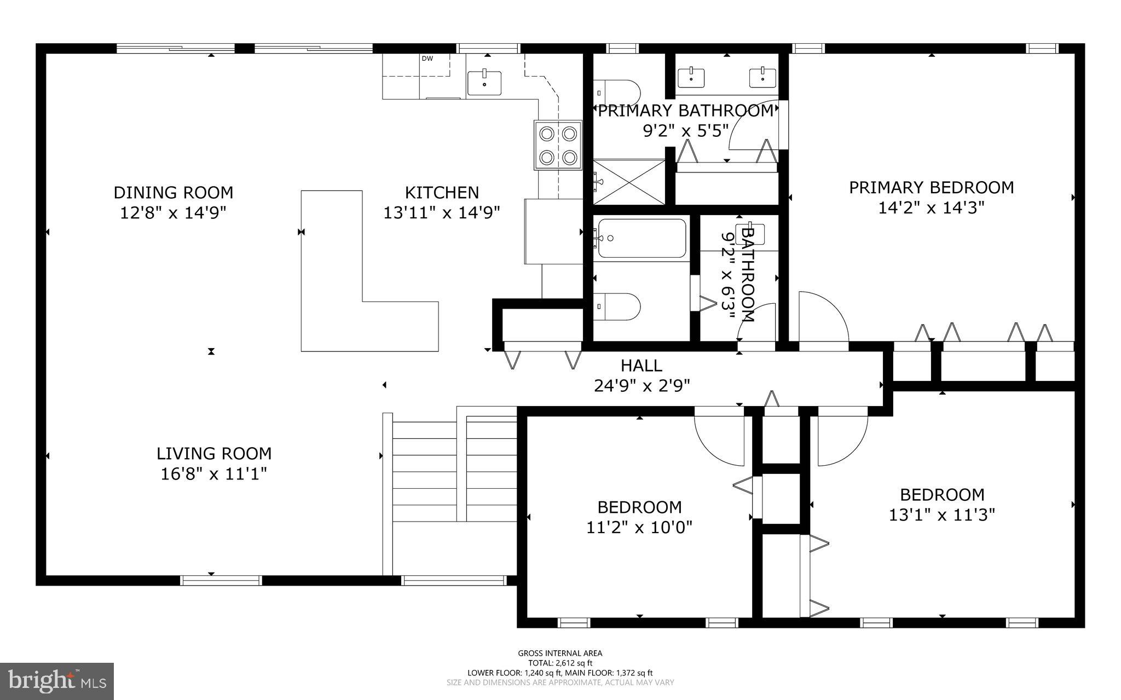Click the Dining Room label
173,193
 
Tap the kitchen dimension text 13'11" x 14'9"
442,212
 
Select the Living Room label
214,454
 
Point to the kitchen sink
484,83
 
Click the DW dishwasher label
427,59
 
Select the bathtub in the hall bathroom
642,238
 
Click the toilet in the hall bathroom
617,307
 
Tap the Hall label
642,365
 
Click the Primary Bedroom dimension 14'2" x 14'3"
931,208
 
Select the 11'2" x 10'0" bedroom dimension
639,528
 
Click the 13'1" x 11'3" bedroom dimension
942,515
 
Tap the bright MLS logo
57,681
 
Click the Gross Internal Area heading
560,653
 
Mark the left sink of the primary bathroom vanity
692,77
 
